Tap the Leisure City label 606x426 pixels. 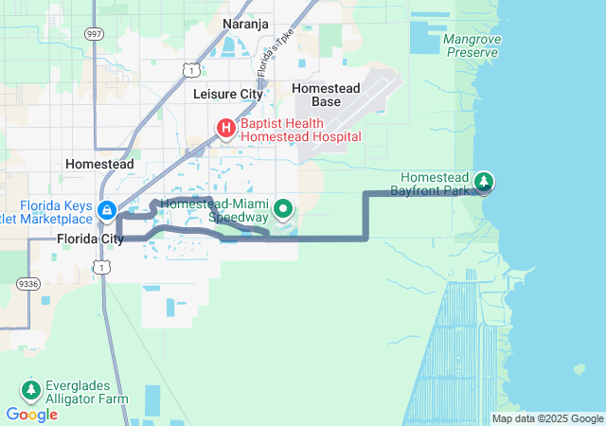point(227,95)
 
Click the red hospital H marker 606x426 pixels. point(227,128)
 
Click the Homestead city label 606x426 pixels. point(98,164)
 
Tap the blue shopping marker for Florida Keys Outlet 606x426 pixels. point(108,209)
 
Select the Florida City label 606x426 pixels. point(90,239)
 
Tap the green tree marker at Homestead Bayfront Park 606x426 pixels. point(484,181)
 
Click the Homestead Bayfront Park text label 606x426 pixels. point(436,184)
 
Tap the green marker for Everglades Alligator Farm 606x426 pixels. point(31,389)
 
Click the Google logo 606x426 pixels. point(31,414)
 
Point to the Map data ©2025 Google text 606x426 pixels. point(546,418)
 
